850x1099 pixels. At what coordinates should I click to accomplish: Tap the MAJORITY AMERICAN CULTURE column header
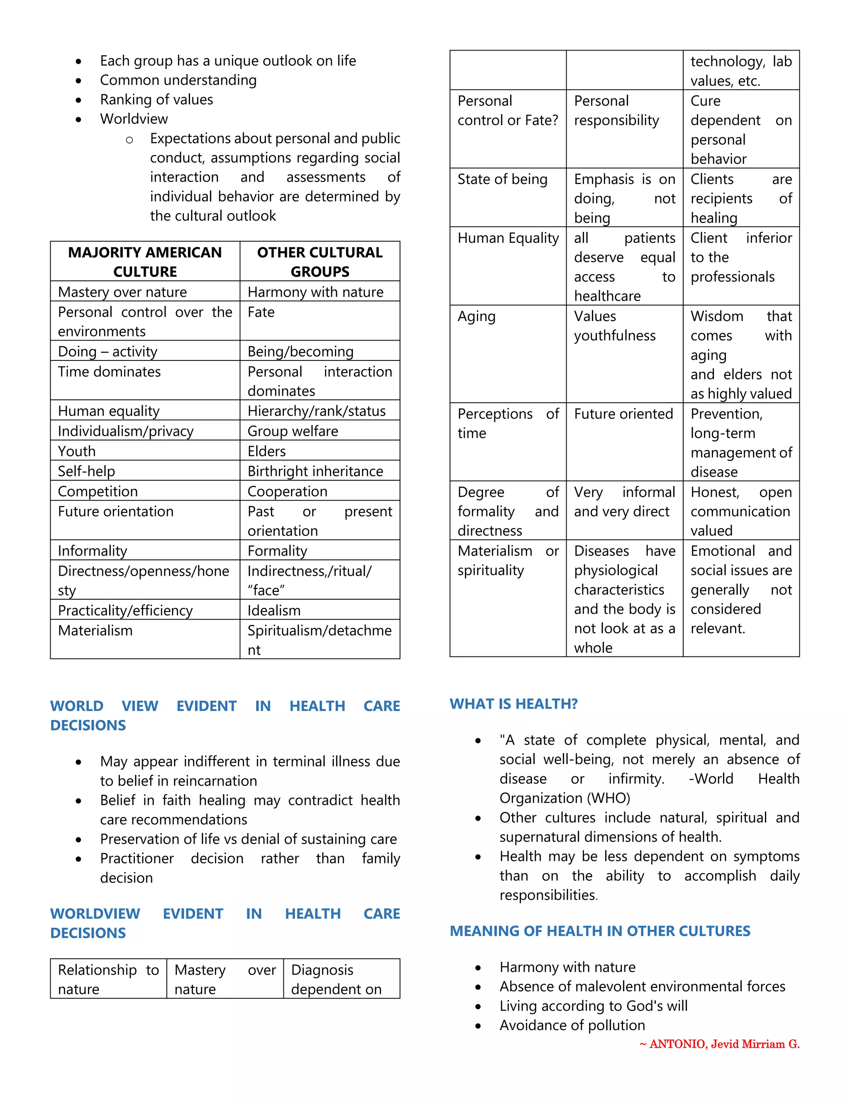point(144,261)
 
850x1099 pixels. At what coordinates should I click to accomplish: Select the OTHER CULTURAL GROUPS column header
point(319,261)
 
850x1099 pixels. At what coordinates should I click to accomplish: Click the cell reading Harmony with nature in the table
point(315,292)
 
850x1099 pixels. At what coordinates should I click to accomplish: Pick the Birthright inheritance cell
point(315,471)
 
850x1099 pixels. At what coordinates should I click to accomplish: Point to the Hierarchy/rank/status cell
point(316,411)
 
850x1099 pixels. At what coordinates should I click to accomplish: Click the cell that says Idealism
point(274,610)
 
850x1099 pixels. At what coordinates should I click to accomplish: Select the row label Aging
point(476,316)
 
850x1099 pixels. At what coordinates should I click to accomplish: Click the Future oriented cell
point(623,413)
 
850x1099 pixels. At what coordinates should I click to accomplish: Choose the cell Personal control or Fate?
point(507,110)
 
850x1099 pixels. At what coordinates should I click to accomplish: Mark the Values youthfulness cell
point(614,326)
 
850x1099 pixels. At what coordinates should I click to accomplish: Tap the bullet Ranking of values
point(156,100)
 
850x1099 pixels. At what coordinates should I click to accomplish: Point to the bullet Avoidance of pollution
point(572,1025)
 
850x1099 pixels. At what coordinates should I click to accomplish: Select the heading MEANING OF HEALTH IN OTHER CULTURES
point(599,931)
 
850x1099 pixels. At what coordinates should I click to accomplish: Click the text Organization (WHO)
point(564,798)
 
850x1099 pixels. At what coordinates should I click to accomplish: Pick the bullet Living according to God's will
point(593,1005)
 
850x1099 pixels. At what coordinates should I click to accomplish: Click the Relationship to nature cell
point(108,979)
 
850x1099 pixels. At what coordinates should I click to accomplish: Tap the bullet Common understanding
point(178,80)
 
